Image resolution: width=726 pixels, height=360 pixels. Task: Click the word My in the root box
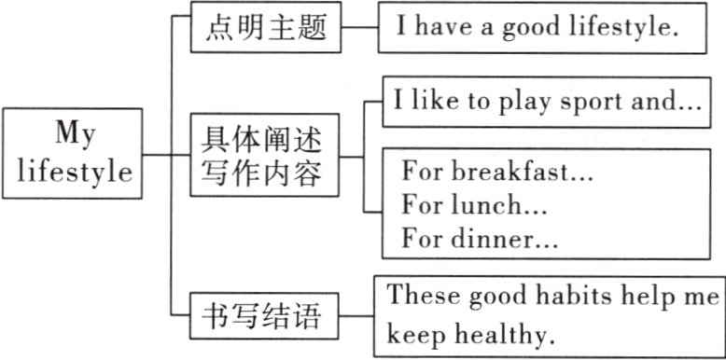point(74,133)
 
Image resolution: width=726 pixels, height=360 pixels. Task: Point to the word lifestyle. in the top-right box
point(624,28)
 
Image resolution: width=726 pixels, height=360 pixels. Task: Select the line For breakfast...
point(497,173)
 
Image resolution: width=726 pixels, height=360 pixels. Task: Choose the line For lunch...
point(474,204)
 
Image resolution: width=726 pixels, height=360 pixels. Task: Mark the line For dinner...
point(480,238)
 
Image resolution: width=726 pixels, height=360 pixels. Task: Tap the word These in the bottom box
point(420,297)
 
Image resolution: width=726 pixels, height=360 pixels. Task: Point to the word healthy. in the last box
point(510,333)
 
